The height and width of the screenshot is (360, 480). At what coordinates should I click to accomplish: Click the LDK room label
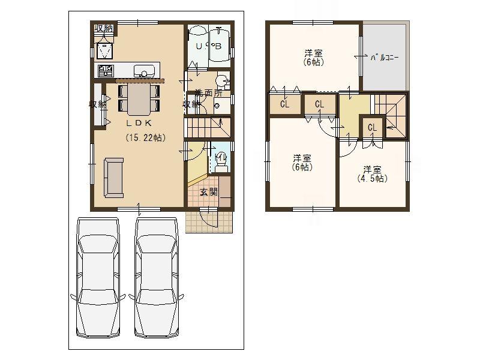click(138, 122)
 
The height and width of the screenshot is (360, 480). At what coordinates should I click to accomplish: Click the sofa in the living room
click(113, 178)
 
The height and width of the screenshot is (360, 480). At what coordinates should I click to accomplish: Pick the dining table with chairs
click(139, 98)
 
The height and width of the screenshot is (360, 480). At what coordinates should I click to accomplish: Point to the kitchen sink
click(145, 70)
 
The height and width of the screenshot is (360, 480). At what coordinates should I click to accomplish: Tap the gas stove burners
click(106, 71)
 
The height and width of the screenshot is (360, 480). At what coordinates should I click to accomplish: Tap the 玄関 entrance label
click(208, 192)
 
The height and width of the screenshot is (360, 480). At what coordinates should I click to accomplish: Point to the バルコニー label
click(385, 57)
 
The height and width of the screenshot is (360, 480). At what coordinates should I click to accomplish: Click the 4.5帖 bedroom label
click(373, 174)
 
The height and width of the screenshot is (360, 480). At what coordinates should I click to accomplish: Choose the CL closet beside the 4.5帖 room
click(372, 127)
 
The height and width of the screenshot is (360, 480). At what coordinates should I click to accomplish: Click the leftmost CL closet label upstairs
click(284, 104)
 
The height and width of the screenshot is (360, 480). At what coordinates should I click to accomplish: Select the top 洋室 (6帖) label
click(314, 57)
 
